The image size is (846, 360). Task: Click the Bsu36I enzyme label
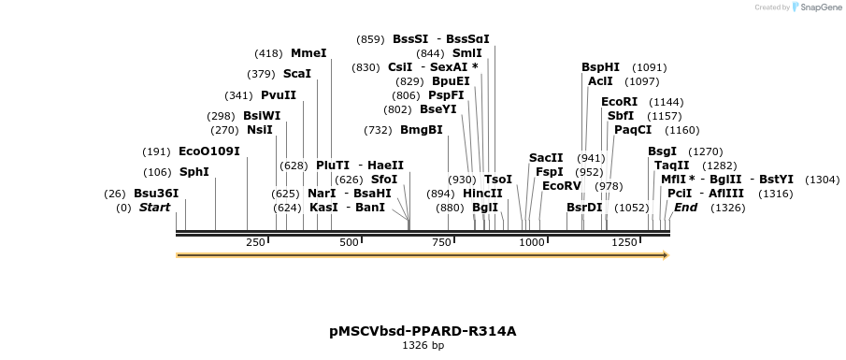(x=156, y=194)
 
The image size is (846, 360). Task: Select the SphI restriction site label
(x=194, y=172)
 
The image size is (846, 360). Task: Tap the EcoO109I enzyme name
(x=209, y=151)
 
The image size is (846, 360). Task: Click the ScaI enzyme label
(x=297, y=74)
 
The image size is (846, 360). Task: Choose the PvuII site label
(x=279, y=95)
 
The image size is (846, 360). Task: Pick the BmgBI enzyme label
(x=422, y=130)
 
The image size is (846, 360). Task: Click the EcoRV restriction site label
(x=562, y=186)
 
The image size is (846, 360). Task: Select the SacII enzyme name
(x=546, y=158)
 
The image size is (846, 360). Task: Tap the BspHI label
(x=600, y=67)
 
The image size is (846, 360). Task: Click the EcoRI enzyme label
(x=619, y=102)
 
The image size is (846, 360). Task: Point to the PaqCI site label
(x=633, y=130)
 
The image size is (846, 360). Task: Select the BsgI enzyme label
(x=663, y=151)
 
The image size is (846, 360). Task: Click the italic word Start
(x=155, y=208)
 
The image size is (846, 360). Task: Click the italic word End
(x=686, y=208)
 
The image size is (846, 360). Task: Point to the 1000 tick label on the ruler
(x=532, y=243)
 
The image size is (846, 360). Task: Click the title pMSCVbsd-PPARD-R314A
(x=423, y=331)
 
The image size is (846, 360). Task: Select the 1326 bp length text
(x=423, y=346)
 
